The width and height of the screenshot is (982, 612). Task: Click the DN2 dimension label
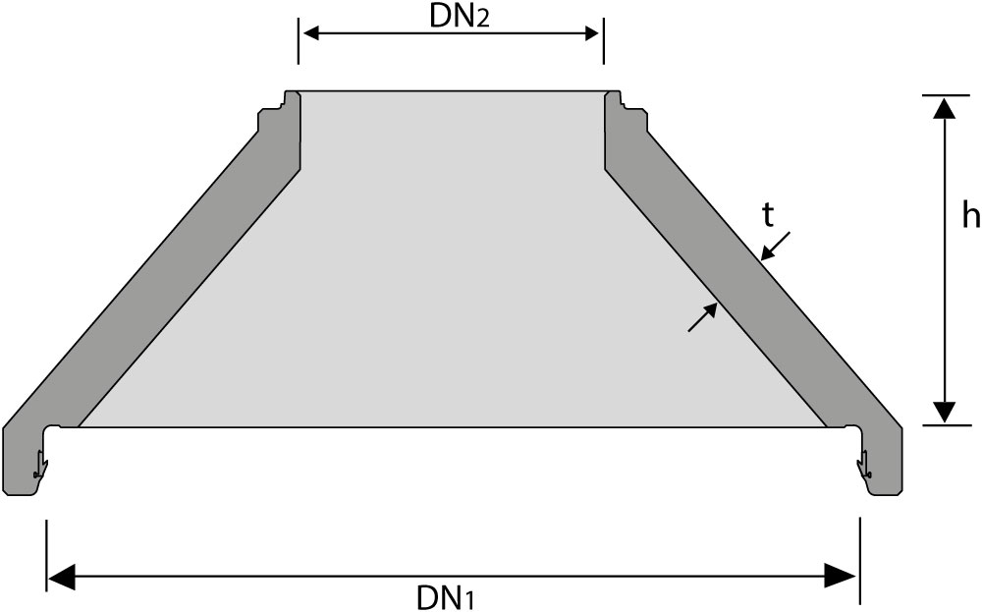tap(459, 17)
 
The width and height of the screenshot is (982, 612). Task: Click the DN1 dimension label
tap(446, 597)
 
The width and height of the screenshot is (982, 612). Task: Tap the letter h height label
tap(970, 215)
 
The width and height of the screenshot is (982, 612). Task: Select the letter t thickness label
tap(768, 216)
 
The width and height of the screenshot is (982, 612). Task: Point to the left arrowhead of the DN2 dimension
tap(310, 33)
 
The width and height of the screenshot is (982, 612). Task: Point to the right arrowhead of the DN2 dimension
tap(592, 33)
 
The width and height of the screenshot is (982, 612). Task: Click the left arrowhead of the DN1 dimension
tap(61, 577)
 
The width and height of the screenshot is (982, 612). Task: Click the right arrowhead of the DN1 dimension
tap(841, 577)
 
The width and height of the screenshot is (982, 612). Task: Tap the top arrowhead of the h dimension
tap(944, 108)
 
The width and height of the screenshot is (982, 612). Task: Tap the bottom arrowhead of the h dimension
tap(944, 413)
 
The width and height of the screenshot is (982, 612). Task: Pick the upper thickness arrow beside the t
tap(776, 246)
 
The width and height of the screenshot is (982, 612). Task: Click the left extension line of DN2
tap(299, 40)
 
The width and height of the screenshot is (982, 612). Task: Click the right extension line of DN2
tap(604, 40)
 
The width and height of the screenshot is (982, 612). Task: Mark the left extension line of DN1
tap(47, 555)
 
